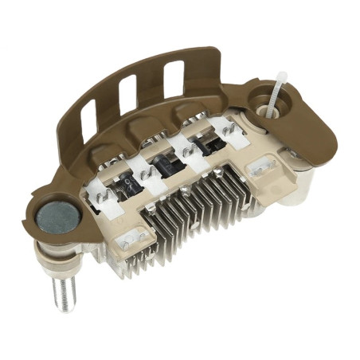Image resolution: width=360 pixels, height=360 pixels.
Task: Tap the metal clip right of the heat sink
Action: (263, 166)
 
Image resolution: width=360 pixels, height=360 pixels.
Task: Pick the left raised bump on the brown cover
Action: (103, 151)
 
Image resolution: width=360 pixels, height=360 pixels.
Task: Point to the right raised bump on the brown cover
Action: (191, 112)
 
